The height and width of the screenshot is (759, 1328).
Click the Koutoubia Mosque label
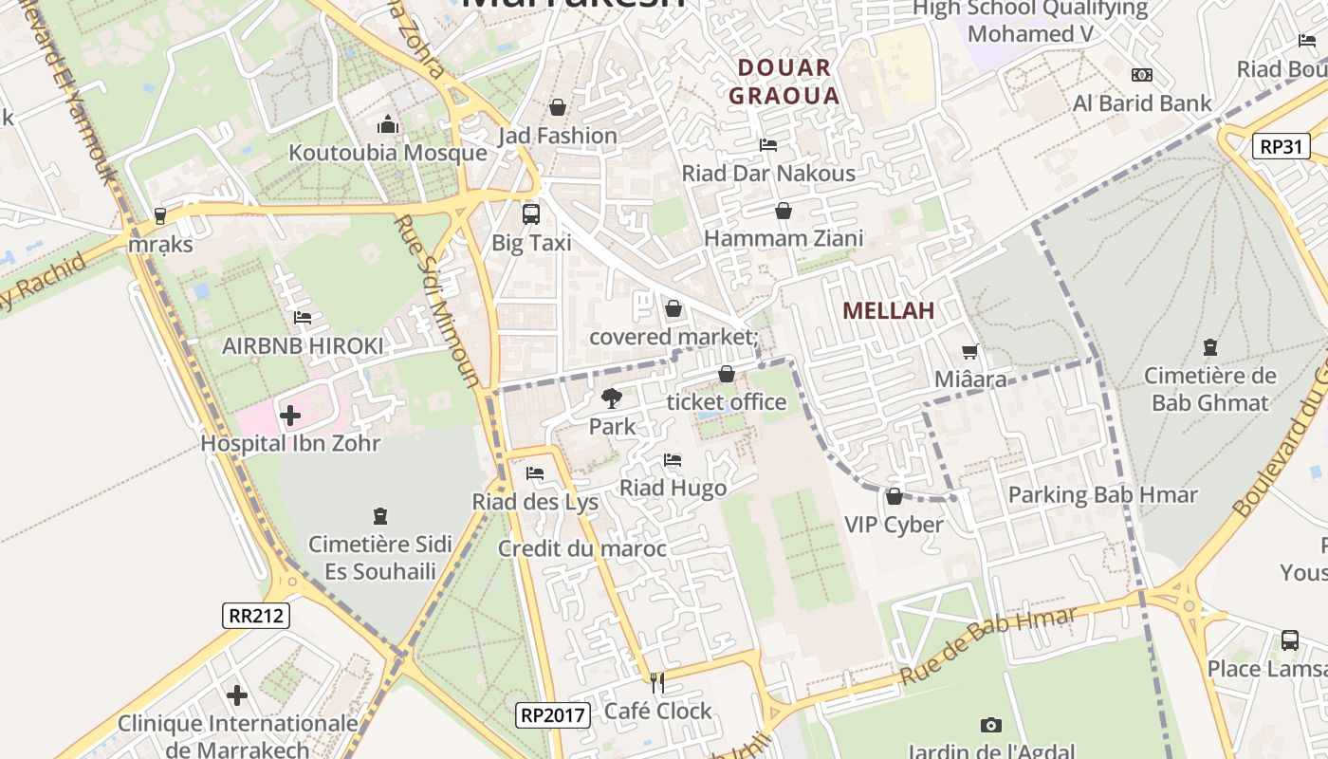coord(387,153)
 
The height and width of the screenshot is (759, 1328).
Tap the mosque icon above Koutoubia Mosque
coord(387,125)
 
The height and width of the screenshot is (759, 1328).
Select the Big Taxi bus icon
coord(531,214)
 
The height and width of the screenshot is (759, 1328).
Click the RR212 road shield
coord(256,615)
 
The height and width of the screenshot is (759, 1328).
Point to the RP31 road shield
coord(1281,146)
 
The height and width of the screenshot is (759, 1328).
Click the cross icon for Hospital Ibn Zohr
coord(290,416)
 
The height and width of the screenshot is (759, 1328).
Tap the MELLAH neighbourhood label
coord(888,310)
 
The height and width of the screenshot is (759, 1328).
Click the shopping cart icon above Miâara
coord(969,352)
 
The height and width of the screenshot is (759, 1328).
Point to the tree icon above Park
coord(612,398)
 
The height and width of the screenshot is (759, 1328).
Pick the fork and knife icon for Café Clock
coord(656,682)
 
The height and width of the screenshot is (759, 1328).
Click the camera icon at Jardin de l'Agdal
coord(991,726)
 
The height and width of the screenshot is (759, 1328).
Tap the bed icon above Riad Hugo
coord(673,460)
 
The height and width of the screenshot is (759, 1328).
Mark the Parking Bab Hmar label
coord(1102,494)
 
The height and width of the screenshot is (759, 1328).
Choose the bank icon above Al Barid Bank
coord(1142,75)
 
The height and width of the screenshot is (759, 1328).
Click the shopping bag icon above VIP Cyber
coord(894,496)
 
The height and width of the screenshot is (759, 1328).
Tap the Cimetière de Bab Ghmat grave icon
coord(1209,347)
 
